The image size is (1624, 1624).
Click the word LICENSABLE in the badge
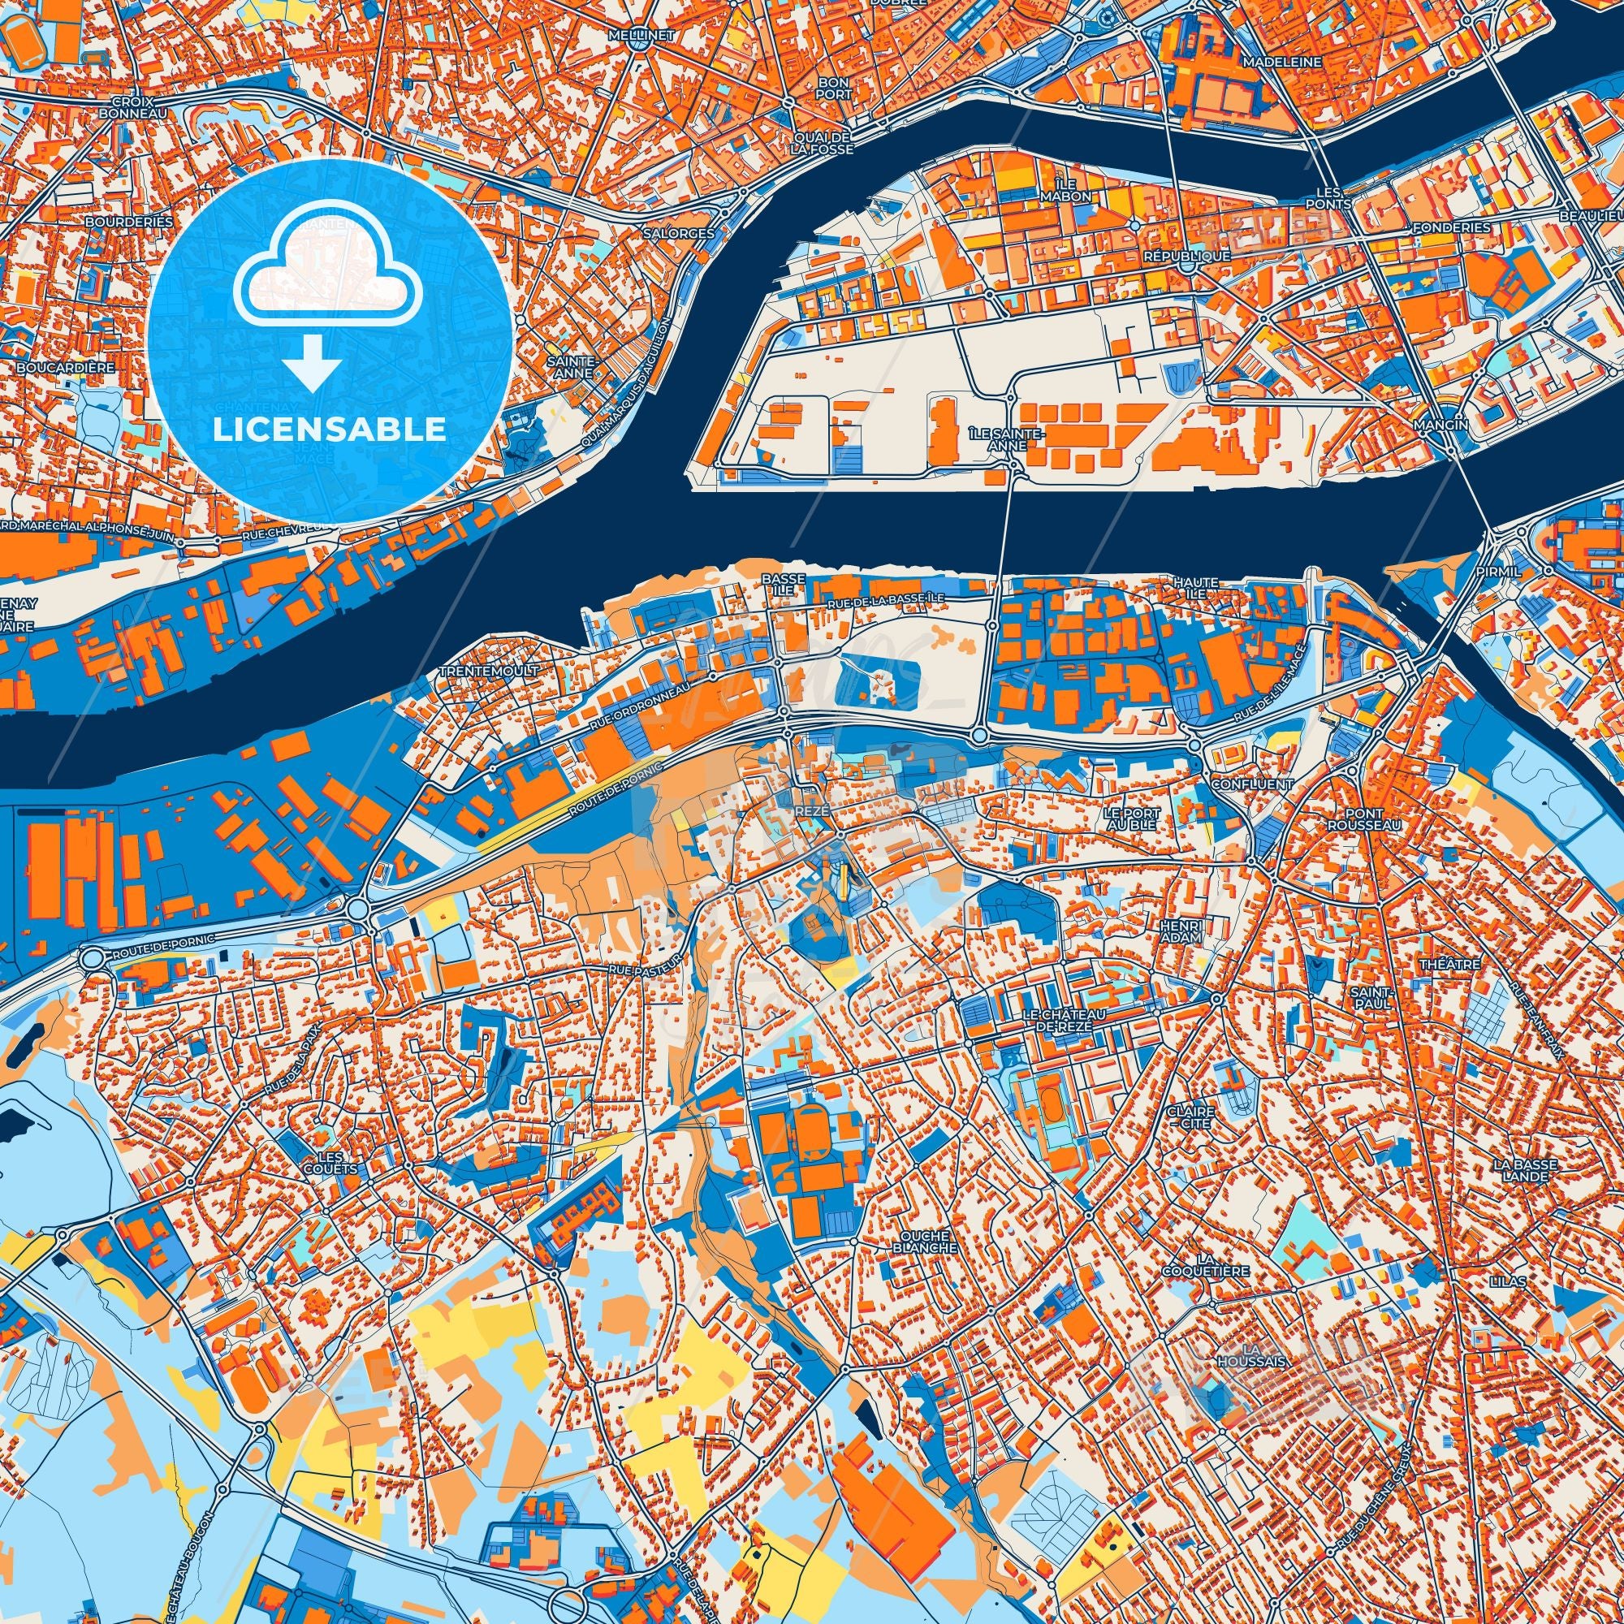point(330,430)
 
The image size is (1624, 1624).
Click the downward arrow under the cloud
point(311,361)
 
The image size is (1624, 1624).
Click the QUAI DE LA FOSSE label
point(821,142)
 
